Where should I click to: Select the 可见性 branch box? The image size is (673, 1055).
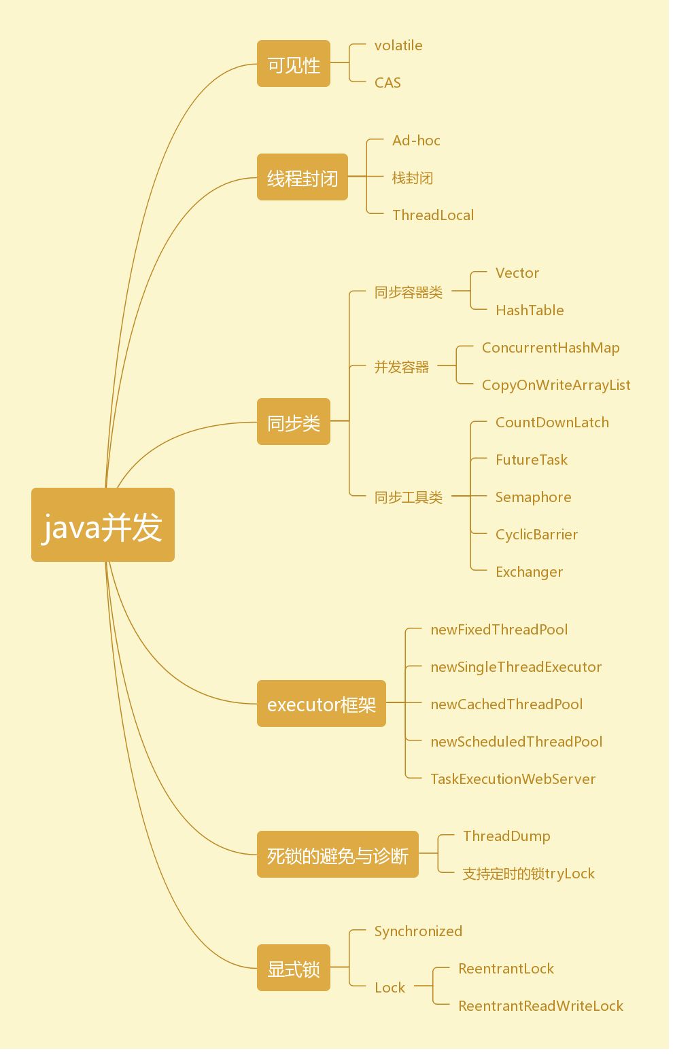(x=294, y=65)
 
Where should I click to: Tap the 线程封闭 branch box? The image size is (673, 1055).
(x=303, y=178)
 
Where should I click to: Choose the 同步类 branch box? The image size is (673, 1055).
(x=294, y=423)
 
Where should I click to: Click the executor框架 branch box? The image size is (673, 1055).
(x=322, y=704)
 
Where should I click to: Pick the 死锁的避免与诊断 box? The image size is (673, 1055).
(x=338, y=855)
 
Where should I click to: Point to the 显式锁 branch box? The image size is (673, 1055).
(x=294, y=969)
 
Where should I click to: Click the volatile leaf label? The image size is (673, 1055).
(x=398, y=46)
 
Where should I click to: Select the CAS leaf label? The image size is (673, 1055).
(x=387, y=83)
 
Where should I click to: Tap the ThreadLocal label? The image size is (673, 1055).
(x=433, y=215)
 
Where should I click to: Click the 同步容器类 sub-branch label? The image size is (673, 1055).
(x=409, y=292)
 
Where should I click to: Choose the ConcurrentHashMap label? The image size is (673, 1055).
(x=551, y=348)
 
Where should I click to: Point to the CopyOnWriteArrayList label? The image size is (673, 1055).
(x=556, y=385)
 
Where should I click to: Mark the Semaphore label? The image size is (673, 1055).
(x=533, y=497)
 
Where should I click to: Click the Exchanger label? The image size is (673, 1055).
(x=529, y=572)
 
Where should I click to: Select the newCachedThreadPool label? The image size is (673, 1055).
(x=506, y=704)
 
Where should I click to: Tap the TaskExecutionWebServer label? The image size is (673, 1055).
(x=513, y=779)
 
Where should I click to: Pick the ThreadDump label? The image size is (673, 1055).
(x=506, y=836)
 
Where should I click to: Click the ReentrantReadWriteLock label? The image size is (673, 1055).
(x=540, y=1006)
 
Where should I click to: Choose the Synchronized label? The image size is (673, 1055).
(x=418, y=931)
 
